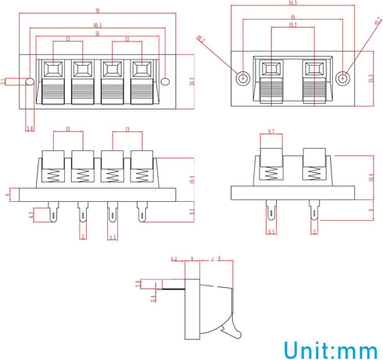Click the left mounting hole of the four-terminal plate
tap(30, 81)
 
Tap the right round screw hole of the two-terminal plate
tap(342, 78)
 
